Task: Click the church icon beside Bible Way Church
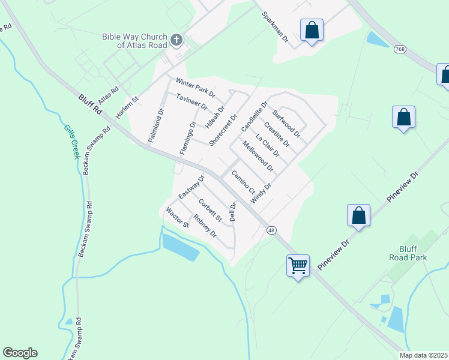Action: tap(176, 40)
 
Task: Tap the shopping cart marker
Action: tap(298, 265)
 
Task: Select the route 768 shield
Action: tap(399, 48)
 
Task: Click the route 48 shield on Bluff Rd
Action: tap(272, 230)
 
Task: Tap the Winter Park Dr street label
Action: tap(195, 88)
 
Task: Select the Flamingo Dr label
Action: tap(188, 137)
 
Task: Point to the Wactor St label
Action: tap(178, 218)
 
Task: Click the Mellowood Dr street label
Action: tap(258, 156)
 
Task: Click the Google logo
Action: tap(20, 353)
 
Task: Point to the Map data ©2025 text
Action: tap(423, 355)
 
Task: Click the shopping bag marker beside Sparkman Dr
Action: tap(312, 31)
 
